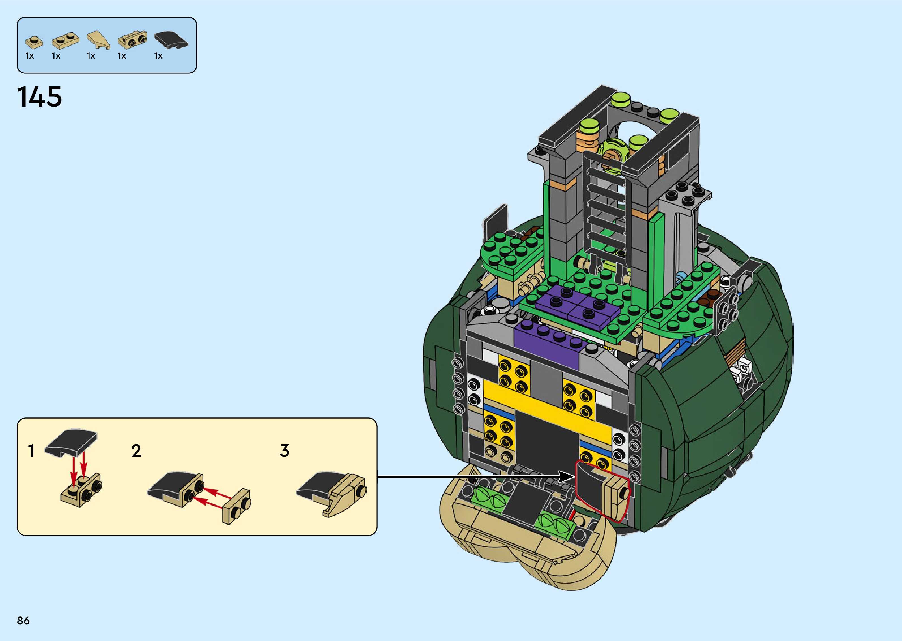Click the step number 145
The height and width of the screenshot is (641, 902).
(x=40, y=97)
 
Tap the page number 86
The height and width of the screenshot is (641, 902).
(x=23, y=620)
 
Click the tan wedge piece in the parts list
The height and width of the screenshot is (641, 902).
(x=98, y=41)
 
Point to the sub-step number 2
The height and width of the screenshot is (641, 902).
(x=136, y=451)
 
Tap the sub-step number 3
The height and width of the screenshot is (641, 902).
(x=284, y=451)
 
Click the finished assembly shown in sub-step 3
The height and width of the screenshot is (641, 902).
(x=332, y=493)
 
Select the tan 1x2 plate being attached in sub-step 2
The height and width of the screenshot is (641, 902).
(x=236, y=506)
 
